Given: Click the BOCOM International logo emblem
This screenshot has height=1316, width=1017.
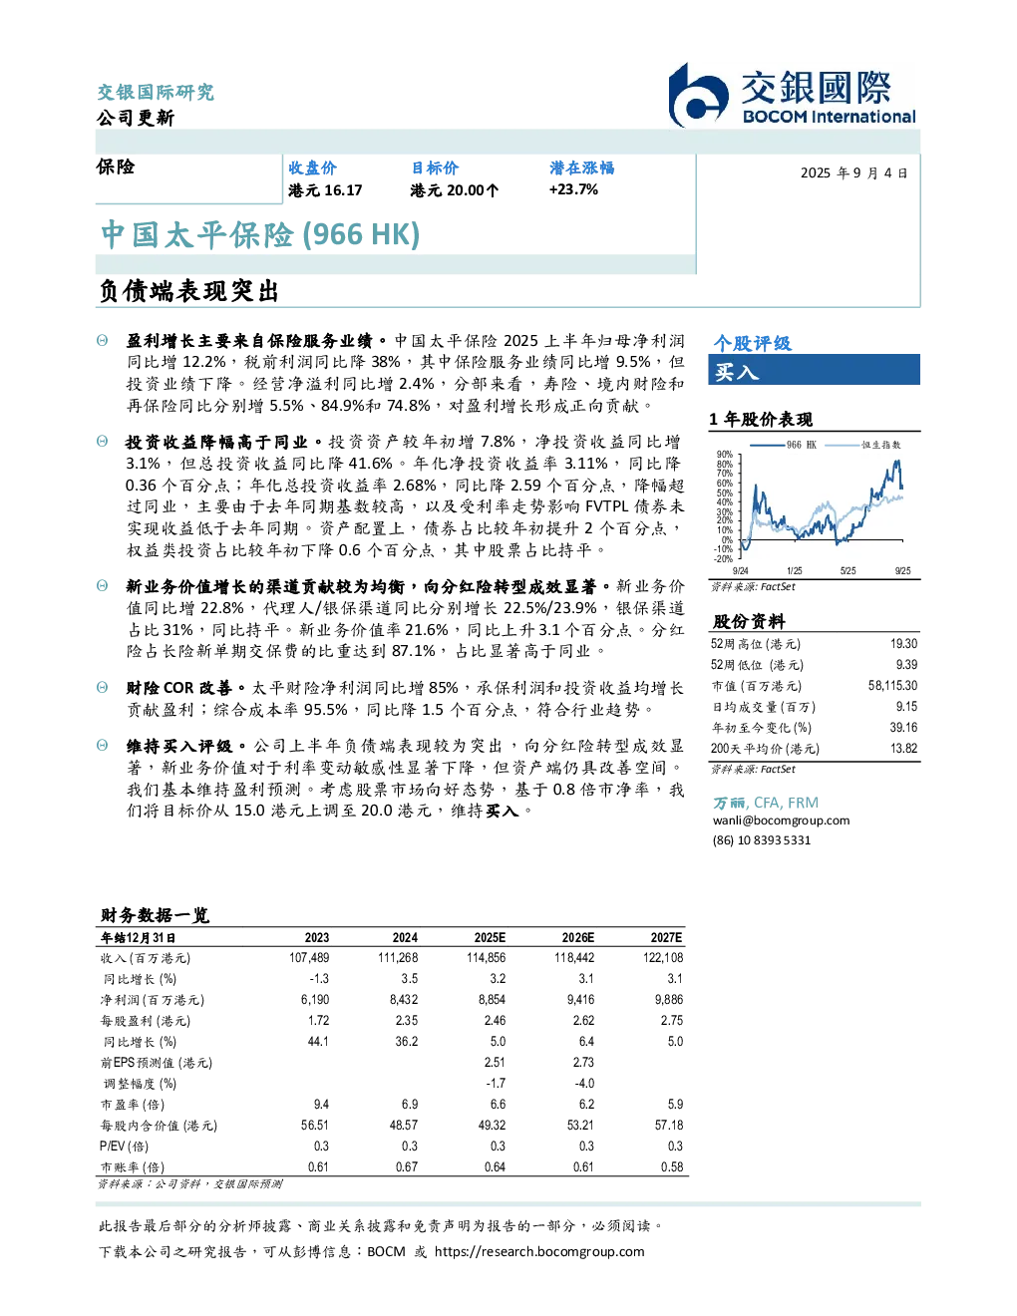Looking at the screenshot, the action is click(x=698, y=96).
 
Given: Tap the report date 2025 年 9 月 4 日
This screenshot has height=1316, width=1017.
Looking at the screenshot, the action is click(x=854, y=173).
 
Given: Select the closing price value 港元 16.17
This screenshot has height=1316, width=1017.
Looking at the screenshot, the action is click(x=325, y=190).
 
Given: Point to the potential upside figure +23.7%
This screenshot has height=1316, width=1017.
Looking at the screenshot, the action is click(x=573, y=189).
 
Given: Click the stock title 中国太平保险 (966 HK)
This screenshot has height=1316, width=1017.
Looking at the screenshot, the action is click(x=260, y=234).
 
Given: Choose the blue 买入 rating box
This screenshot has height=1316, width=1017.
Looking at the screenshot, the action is click(x=814, y=370).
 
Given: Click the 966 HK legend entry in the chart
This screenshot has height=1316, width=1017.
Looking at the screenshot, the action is click(x=783, y=445).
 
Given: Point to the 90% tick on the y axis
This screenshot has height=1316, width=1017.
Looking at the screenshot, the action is click(x=725, y=455).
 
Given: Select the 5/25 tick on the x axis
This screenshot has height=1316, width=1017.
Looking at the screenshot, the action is click(x=848, y=571).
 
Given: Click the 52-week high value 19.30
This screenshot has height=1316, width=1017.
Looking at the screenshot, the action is click(x=903, y=643).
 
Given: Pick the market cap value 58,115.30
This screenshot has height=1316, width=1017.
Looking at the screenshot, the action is click(x=892, y=685).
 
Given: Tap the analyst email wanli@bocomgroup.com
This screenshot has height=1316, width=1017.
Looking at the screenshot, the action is click(x=781, y=820).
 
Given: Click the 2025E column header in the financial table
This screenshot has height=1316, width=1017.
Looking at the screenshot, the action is click(x=490, y=937).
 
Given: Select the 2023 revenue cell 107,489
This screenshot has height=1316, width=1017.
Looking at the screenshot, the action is click(x=309, y=957).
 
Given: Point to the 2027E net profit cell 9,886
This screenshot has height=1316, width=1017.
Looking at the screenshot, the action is click(x=669, y=999).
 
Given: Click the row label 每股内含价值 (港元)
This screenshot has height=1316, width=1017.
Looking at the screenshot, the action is click(x=159, y=1126).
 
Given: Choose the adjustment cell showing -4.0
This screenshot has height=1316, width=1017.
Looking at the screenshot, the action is click(x=583, y=1083).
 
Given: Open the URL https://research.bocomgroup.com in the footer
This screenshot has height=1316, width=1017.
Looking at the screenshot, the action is click(x=539, y=1252).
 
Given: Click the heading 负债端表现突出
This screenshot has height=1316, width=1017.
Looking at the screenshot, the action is click(x=188, y=291).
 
